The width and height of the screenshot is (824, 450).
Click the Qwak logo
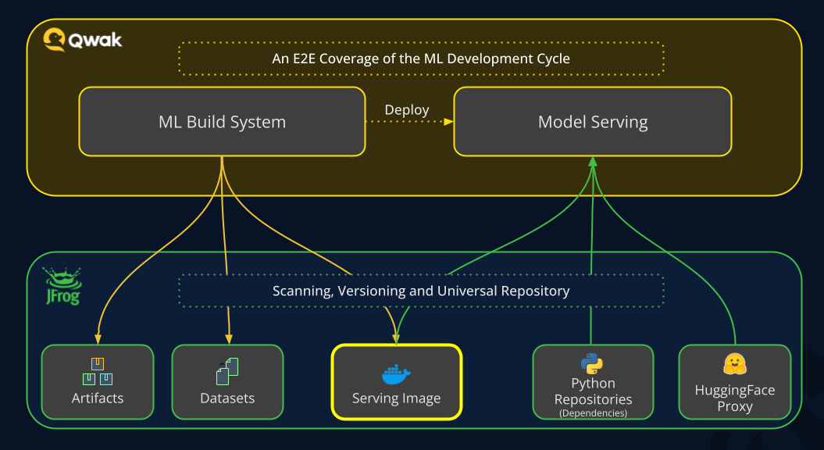pos(82,39)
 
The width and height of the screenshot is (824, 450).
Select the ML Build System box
pos(222,122)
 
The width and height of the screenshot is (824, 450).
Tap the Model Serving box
pos(593,122)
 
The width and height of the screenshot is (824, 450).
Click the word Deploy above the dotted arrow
pos(407,109)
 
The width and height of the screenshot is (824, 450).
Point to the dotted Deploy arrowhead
pos(449,122)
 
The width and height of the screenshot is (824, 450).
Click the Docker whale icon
pos(396,374)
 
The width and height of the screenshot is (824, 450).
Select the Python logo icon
pos(592,362)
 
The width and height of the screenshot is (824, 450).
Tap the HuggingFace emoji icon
pos(734,364)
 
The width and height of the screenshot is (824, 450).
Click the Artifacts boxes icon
pos(98,371)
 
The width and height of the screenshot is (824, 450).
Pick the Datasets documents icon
pos(227,371)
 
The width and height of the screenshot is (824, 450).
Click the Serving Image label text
pos(396,398)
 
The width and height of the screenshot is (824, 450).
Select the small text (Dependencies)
pos(593,412)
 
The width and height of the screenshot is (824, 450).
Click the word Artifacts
pos(98,398)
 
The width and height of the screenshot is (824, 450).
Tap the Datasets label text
pos(227,398)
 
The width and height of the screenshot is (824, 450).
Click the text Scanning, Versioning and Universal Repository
pos(421,291)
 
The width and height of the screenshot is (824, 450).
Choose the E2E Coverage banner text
pos(421,59)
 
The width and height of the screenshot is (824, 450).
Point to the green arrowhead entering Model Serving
pos(593,161)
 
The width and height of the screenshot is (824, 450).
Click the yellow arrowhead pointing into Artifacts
pos(98,339)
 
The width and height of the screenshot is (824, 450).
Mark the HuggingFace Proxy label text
pos(734,398)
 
